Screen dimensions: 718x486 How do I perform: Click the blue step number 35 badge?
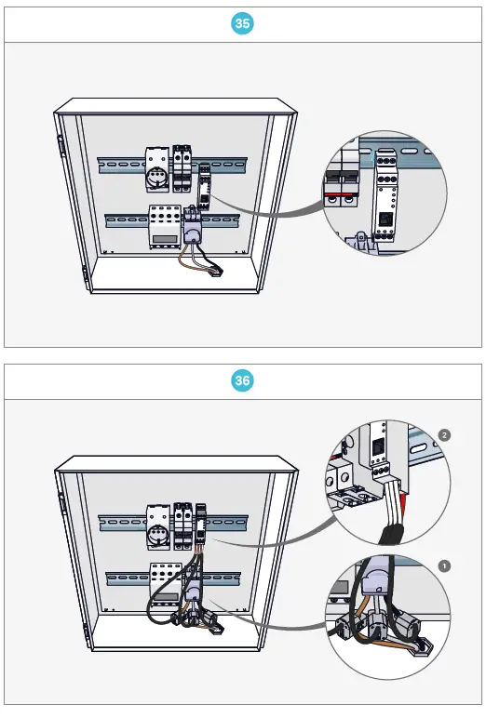point(242,24)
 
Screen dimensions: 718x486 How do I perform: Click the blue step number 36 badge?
point(242,380)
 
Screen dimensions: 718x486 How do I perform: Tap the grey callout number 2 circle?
point(444,435)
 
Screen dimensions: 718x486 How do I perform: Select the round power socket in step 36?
point(156,536)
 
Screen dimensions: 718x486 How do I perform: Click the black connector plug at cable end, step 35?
point(215,271)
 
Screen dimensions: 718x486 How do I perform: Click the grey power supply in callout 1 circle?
point(380,586)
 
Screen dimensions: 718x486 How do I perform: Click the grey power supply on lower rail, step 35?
point(194,227)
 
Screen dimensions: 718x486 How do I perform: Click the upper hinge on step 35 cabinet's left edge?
point(60,145)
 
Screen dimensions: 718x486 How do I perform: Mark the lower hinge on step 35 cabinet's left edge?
point(83,275)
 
